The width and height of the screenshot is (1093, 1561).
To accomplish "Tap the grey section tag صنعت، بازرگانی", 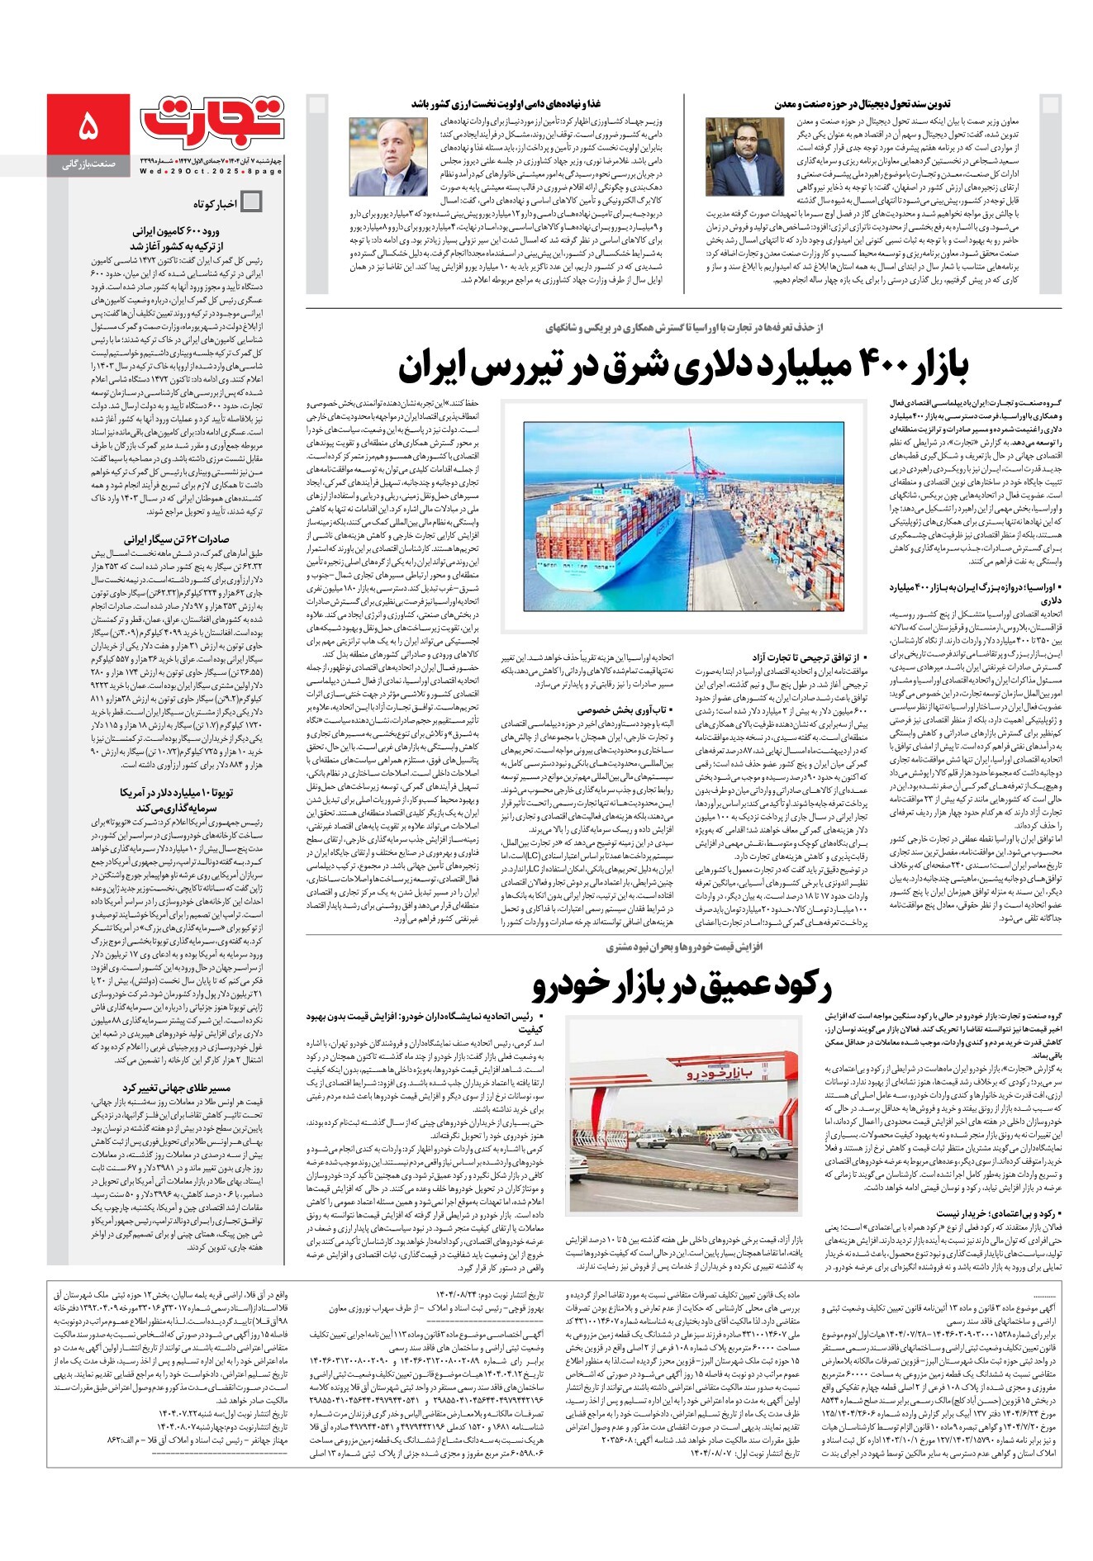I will (88, 165).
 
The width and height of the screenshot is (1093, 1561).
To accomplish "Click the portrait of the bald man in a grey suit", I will (377, 157).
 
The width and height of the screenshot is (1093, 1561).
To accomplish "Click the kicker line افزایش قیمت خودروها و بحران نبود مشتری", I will (683, 946).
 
